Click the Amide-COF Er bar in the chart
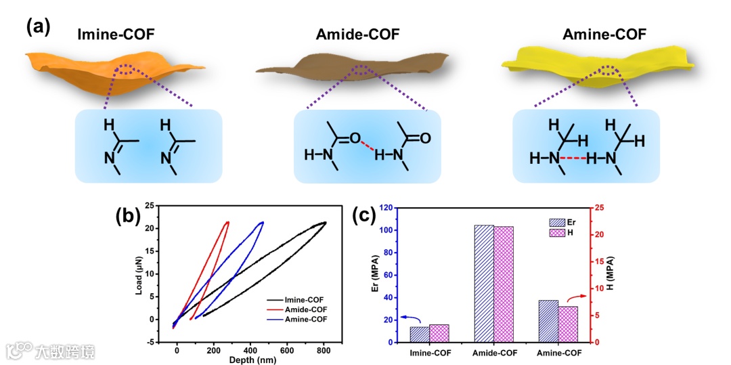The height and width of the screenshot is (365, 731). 484,284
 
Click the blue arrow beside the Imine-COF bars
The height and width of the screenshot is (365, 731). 409,318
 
